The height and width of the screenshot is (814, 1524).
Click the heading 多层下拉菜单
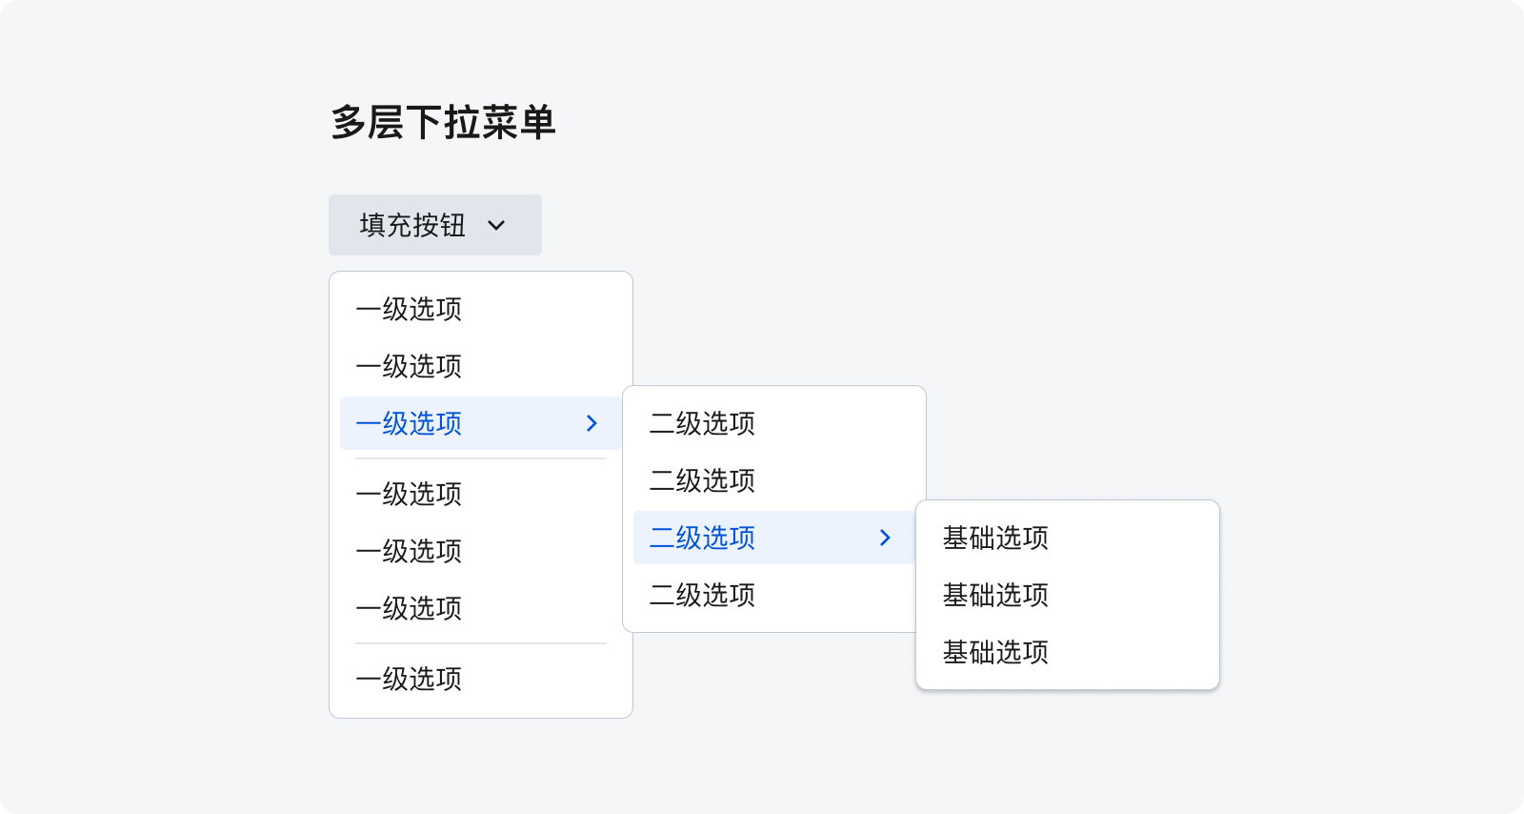click(443, 123)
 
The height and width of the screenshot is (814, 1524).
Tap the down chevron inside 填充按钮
click(496, 225)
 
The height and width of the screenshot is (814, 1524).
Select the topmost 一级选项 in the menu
click(409, 309)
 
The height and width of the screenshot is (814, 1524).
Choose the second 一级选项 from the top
click(409, 366)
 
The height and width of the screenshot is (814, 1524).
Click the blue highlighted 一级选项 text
click(409, 423)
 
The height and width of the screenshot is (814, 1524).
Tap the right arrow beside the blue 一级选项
click(592, 423)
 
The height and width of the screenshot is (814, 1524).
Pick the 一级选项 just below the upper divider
click(409, 494)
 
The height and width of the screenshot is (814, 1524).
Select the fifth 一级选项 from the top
click(409, 551)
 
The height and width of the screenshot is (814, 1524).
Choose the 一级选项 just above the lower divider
click(409, 608)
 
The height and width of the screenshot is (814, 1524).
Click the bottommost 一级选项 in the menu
click(409, 680)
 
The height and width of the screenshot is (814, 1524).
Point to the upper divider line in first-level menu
click(481, 458)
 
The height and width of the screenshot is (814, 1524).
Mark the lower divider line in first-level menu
click(481, 643)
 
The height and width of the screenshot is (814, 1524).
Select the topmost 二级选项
click(702, 423)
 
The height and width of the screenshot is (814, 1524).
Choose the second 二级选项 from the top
click(702, 480)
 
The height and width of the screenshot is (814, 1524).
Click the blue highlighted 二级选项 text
click(702, 538)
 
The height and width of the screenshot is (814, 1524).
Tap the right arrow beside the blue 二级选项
click(885, 538)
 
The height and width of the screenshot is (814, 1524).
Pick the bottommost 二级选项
click(702, 595)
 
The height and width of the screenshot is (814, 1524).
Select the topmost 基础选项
click(995, 538)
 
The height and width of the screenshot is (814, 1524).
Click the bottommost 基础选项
click(995, 652)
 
